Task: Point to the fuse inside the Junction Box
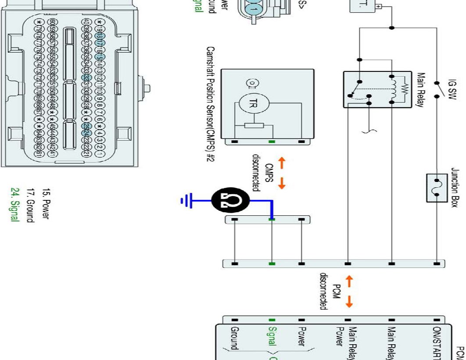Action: click(437, 187)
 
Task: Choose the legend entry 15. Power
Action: click(45, 204)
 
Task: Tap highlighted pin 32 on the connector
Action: click(86, 76)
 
